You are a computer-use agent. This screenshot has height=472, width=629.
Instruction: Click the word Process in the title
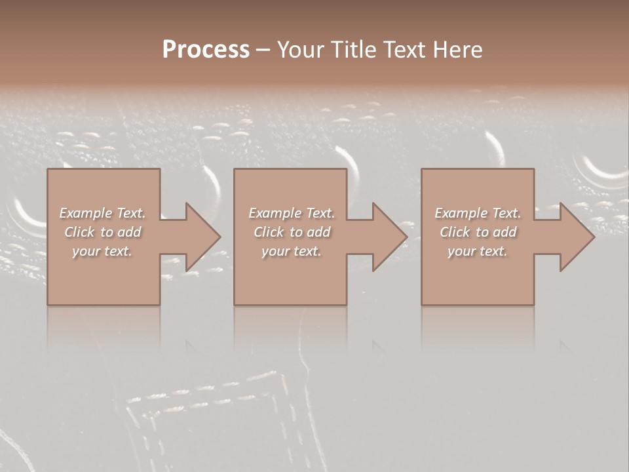point(206,50)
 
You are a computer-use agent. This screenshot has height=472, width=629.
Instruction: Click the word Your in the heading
point(301,50)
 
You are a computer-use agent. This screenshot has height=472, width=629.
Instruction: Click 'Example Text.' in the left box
point(103,213)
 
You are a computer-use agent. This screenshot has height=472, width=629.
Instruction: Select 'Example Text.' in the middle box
point(292,213)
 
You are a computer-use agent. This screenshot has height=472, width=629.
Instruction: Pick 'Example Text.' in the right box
point(478,213)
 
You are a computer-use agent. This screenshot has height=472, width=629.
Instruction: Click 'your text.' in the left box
point(102,251)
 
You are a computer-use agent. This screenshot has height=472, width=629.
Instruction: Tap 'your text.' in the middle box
point(292,251)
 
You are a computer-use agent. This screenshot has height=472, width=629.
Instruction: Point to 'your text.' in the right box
point(478,251)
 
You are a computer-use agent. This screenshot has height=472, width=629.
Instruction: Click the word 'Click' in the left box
point(79,232)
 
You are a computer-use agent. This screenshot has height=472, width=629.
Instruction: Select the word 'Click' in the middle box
point(269,232)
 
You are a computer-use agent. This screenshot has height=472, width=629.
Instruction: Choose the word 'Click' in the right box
point(455,232)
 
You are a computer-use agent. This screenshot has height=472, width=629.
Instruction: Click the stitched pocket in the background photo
point(210,420)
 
